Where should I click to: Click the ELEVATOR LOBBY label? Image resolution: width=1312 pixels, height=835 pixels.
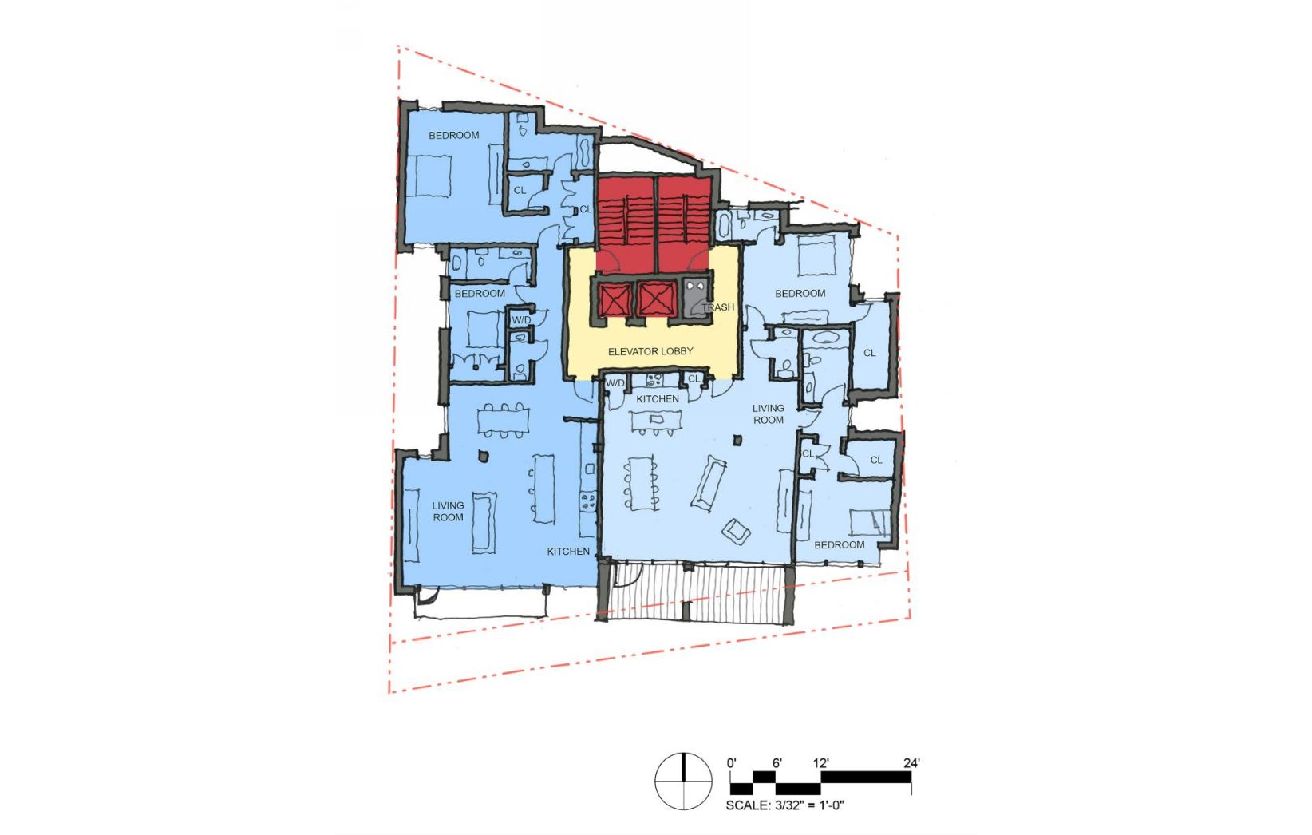pos(650,351)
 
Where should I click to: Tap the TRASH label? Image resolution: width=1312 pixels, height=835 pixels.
pos(717,307)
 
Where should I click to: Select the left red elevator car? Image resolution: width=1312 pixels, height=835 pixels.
pos(615,299)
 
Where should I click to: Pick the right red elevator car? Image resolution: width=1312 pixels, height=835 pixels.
pos(657,299)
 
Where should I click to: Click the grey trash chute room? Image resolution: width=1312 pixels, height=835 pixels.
pos(697,299)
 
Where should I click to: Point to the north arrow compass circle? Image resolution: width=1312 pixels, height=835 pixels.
pos(683,782)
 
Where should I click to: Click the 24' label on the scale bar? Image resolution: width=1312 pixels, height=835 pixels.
pos(911,763)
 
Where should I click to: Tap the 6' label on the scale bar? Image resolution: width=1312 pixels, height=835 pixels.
pos(777,763)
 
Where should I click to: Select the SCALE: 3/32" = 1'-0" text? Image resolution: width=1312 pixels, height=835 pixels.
pos(784,805)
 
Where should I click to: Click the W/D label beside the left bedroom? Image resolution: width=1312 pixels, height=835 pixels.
pos(521,320)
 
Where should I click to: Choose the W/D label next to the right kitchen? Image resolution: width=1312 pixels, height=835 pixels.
pos(615,383)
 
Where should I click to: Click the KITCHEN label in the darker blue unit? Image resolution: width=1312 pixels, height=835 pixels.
pos(568,552)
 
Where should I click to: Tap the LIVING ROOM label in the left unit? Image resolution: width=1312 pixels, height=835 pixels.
pos(448,511)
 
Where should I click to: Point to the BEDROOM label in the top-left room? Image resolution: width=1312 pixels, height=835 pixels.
pos(454,136)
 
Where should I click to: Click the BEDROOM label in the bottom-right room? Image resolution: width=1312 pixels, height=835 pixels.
pos(840,545)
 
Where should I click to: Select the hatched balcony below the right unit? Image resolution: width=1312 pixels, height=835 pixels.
pos(696,592)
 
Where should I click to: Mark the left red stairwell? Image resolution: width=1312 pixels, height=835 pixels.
pos(625,224)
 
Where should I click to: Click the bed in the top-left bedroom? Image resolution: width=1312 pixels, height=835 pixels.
pos(434,176)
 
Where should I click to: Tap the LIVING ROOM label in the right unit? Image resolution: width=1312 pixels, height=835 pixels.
pos(769,414)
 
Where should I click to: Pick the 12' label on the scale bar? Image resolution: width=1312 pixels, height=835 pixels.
pos(820,763)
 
